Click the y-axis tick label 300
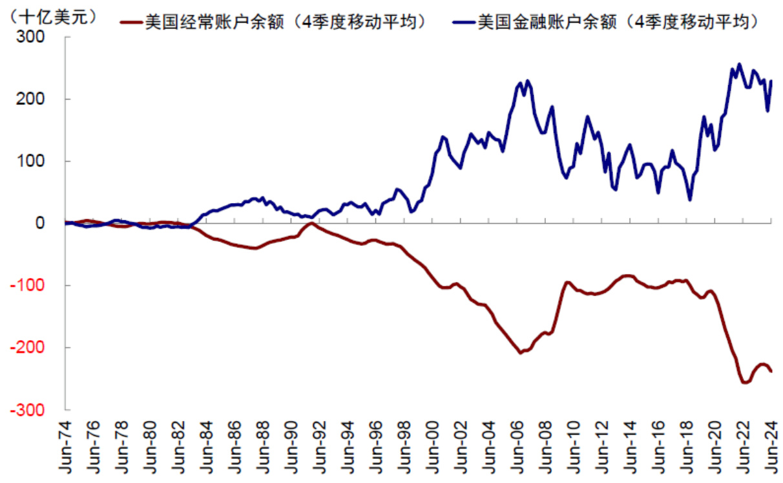pyautogui.click(x=31, y=38)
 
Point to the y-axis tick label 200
pyautogui.click(x=31, y=100)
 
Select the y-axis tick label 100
pyautogui.click(x=31, y=162)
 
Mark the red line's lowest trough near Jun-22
pyautogui.click(x=744, y=382)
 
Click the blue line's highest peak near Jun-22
pyautogui.click(x=739, y=64)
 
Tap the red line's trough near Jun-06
pyautogui.click(x=521, y=352)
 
